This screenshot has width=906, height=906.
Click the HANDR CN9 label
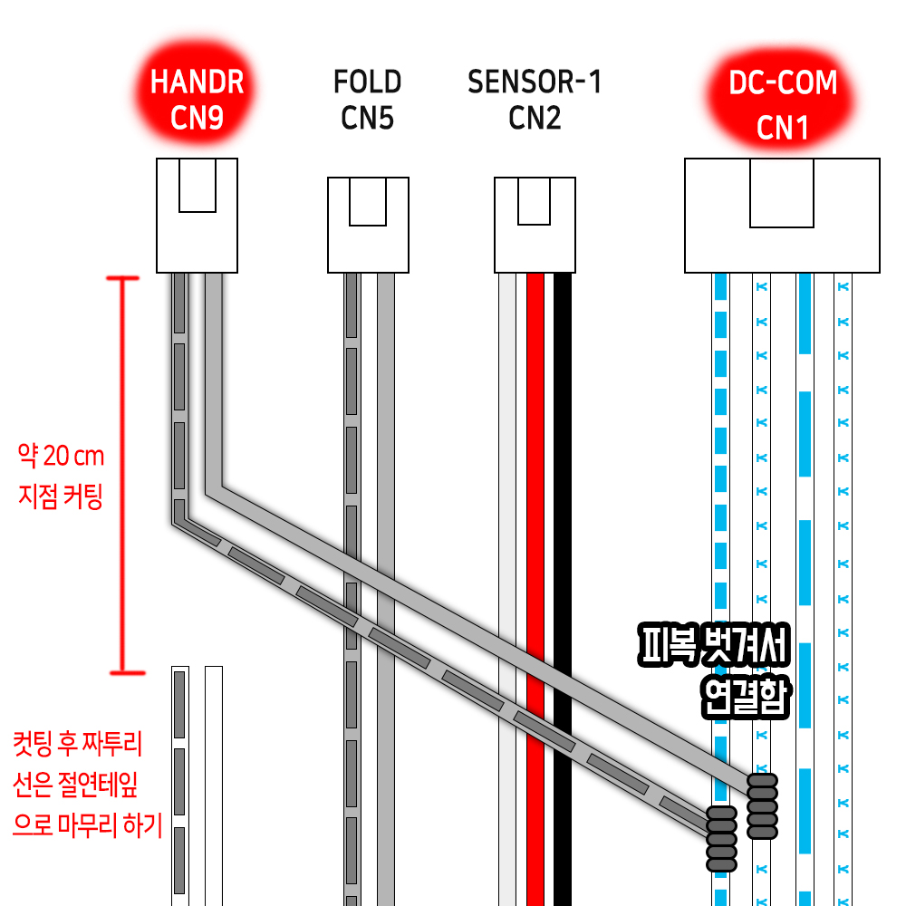[197, 100]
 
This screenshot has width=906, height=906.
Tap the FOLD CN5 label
[367, 100]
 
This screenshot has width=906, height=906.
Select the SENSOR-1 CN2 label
[535, 100]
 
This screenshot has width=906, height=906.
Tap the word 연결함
[746, 698]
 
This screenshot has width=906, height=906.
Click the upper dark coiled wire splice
[762, 805]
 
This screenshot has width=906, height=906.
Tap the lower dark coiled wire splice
[721, 838]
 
